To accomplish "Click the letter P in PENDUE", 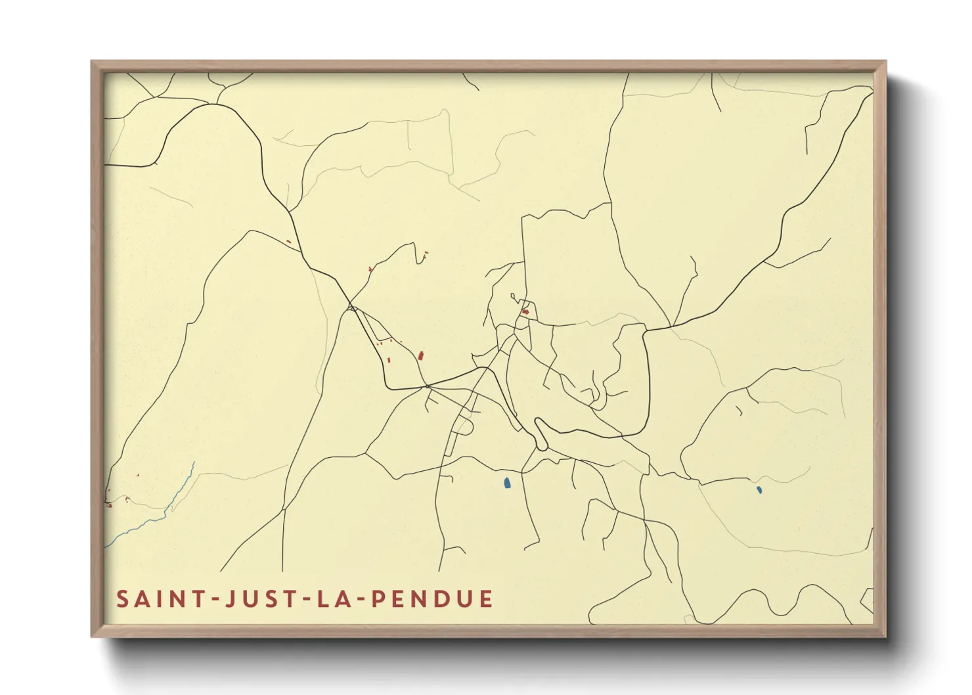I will pyautogui.click(x=379, y=599).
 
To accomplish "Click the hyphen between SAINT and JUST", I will pyautogui.click(x=211, y=600).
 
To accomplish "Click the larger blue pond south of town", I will pyautogui.click(x=507, y=483).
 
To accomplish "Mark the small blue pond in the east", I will pyautogui.click(x=759, y=489).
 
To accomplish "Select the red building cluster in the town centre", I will pyautogui.click(x=525, y=311).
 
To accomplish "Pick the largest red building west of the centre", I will pyautogui.click(x=421, y=355).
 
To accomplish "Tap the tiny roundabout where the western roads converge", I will pyautogui.click(x=427, y=386).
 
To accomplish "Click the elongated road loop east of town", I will pyautogui.click(x=541, y=434).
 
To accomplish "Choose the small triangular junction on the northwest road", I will pyautogui.click(x=352, y=307).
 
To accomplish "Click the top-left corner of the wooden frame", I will pyautogui.click(x=92, y=62).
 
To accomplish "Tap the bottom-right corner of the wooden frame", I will pyautogui.click(x=885, y=637).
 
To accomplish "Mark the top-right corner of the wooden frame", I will pyautogui.click(x=885, y=62).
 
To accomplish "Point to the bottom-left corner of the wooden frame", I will pyautogui.click(x=92, y=637).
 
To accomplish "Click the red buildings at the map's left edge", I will pyautogui.click(x=108, y=504).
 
